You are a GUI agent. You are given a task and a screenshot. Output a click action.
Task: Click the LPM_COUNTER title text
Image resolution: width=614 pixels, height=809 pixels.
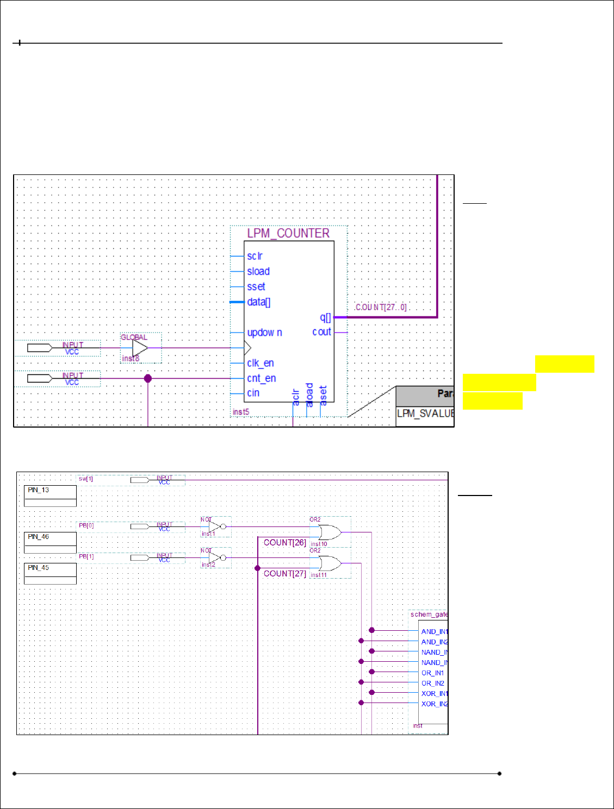pyautogui.click(x=288, y=233)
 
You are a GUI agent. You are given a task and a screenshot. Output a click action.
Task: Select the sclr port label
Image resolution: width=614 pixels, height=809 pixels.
pyautogui.click(x=255, y=256)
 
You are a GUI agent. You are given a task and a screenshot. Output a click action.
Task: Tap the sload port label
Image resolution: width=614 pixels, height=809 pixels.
pyautogui.click(x=258, y=271)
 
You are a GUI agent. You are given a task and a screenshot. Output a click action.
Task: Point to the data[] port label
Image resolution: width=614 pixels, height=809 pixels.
pyautogui.click(x=259, y=302)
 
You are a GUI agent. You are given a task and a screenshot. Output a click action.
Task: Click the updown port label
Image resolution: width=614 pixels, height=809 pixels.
pyautogui.click(x=264, y=333)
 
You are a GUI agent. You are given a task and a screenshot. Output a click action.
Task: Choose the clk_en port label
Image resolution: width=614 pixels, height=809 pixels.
pyautogui.click(x=261, y=363)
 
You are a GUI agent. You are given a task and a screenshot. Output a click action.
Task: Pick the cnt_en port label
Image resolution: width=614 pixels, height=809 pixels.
pyautogui.click(x=262, y=378)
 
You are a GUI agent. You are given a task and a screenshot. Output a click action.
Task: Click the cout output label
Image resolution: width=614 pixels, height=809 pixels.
pyautogui.click(x=321, y=331)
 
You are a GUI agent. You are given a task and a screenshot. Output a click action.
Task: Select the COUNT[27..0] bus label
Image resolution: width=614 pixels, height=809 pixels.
pyautogui.click(x=381, y=308)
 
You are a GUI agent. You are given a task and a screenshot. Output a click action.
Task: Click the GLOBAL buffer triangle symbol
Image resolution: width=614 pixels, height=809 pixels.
pyautogui.click(x=140, y=348)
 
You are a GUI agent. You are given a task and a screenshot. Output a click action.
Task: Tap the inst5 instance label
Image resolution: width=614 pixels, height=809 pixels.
pyautogui.click(x=240, y=412)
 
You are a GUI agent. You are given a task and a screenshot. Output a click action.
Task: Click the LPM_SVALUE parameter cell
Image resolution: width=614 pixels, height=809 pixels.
pyautogui.click(x=425, y=413)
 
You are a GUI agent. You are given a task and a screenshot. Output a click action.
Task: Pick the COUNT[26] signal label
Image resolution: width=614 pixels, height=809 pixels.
pyautogui.click(x=285, y=543)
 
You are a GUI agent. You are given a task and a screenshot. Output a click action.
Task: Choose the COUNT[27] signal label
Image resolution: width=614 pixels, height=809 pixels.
pyautogui.click(x=285, y=574)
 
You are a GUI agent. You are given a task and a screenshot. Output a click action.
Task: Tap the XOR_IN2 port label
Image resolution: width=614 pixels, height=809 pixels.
pyautogui.click(x=435, y=704)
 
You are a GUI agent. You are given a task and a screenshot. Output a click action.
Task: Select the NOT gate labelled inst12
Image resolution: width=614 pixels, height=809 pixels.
pyautogui.click(x=216, y=557)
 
